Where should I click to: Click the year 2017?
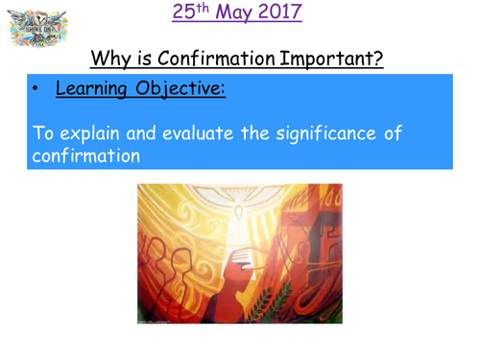[x=280, y=14]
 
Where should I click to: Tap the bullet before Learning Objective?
[x=36, y=92]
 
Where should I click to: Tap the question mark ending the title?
[x=378, y=60]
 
